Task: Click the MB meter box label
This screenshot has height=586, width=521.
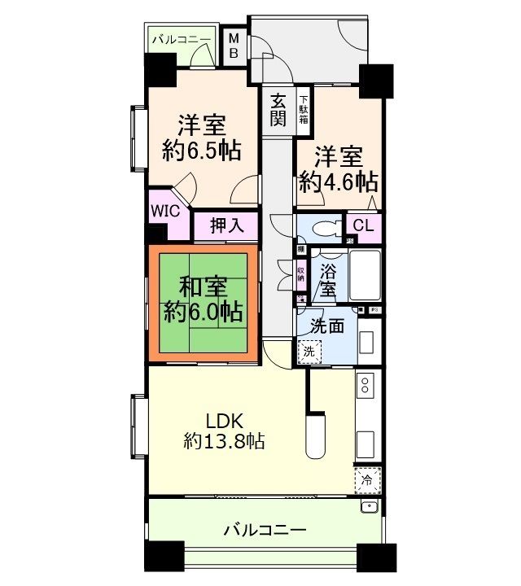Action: tap(233, 45)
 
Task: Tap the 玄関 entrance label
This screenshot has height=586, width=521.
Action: tap(278, 111)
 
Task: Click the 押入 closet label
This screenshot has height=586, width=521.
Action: tap(226, 225)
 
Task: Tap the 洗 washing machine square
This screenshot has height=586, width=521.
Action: tap(309, 352)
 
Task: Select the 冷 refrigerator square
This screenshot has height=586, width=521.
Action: tap(367, 480)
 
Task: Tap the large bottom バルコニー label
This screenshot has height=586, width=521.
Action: tap(265, 531)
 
